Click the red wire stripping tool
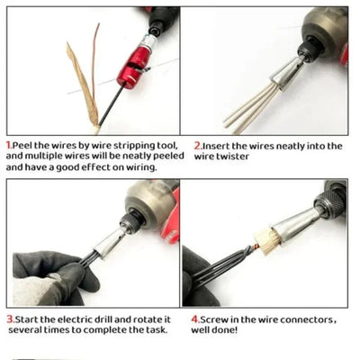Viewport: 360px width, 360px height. click(135, 67)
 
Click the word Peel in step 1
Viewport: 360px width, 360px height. click(25, 144)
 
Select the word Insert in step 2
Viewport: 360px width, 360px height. click(215, 144)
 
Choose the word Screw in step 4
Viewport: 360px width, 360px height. click(214, 317)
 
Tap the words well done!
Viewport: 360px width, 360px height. click(218, 329)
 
